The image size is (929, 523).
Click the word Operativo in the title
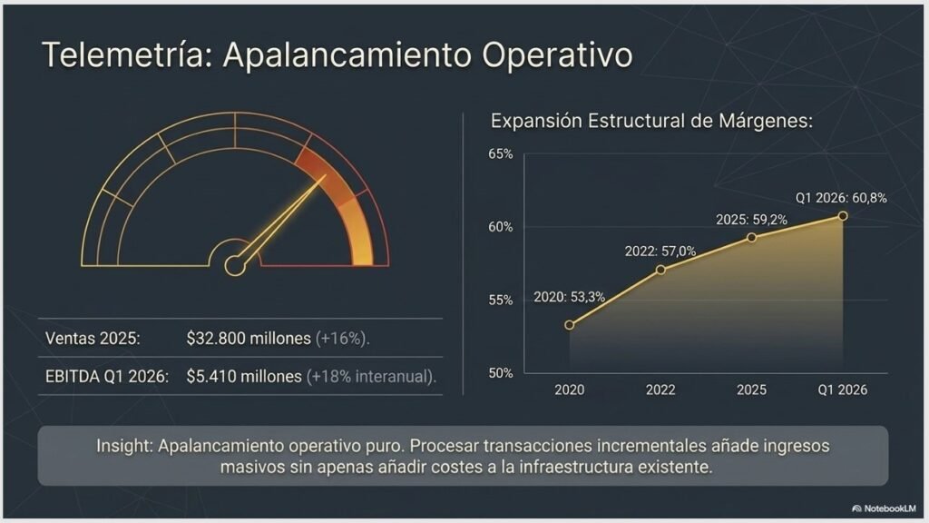click(x=557, y=54)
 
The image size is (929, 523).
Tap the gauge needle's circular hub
click(x=235, y=266)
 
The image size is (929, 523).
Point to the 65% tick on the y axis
click(x=501, y=154)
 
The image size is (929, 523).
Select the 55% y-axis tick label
click(x=501, y=300)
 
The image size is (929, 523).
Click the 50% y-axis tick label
click(x=501, y=373)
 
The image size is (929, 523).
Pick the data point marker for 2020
click(x=570, y=325)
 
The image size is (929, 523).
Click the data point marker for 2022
click(x=660, y=270)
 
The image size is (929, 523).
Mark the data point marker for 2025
click(x=751, y=238)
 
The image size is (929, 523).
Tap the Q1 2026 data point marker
click(x=843, y=216)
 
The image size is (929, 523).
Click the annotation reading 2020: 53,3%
click(x=570, y=297)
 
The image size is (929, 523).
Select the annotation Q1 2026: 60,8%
click(x=841, y=198)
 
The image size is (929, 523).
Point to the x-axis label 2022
click(x=660, y=390)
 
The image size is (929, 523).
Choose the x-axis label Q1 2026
click(x=843, y=390)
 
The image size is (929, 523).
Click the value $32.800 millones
click(x=249, y=339)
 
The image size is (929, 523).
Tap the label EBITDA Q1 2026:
click(x=107, y=377)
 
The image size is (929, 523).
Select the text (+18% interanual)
click(x=371, y=377)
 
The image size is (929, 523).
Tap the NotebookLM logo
click(x=884, y=508)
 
